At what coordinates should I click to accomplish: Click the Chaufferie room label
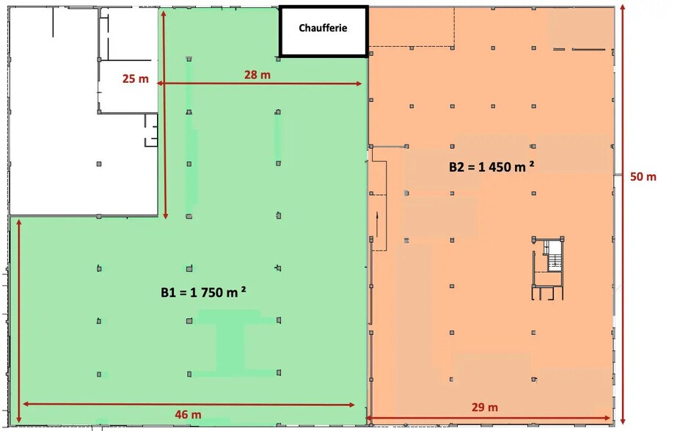click(322, 29)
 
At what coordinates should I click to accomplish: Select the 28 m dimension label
click(257, 75)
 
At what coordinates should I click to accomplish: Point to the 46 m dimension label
click(189, 415)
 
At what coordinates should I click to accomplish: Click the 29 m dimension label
click(485, 408)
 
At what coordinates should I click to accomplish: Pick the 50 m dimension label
click(643, 177)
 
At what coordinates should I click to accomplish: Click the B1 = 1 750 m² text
click(203, 292)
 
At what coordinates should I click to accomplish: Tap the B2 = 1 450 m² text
click(491, 166)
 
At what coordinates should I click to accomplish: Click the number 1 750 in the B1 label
click(208, 292)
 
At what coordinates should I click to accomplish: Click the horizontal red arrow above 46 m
click(189, 404)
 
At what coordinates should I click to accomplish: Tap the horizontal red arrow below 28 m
click(260, 84)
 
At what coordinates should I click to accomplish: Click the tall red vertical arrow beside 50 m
click(623, 213)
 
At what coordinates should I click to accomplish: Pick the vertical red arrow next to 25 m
click(165, 117)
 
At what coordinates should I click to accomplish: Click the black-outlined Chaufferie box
click(323, 31)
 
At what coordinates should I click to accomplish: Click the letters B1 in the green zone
click(168, 292)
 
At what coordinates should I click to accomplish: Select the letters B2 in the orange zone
click(456, 167)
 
